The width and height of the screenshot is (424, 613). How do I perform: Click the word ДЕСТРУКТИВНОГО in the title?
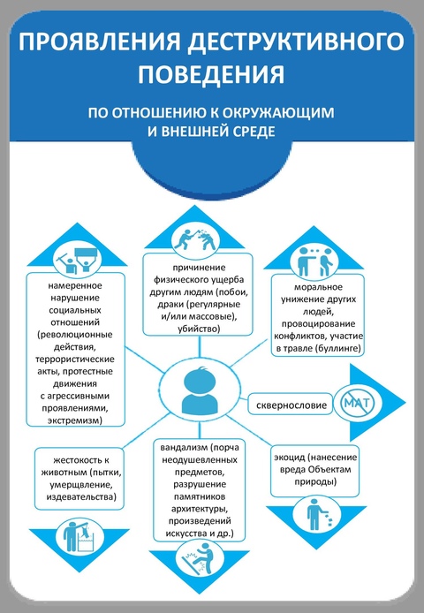click(x=296, y=42)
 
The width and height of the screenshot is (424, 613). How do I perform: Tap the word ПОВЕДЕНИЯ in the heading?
click(x=211, y=74)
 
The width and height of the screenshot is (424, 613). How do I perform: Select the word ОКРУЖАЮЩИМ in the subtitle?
click(x=278, y=112)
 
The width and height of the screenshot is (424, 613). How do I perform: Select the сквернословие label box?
click(x=291, y=405)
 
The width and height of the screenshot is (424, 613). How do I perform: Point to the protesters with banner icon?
click(x=78, y=259)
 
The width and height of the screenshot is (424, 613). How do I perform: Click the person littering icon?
click(x=317, y=516)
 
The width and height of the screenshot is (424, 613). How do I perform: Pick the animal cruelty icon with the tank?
click(x=78, y=535)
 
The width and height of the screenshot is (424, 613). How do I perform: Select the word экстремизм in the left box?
click(x=75, y=420)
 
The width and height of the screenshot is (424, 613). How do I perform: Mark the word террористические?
click(x=75, y=359)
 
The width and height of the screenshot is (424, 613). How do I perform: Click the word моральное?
click(x=318, y=287)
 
